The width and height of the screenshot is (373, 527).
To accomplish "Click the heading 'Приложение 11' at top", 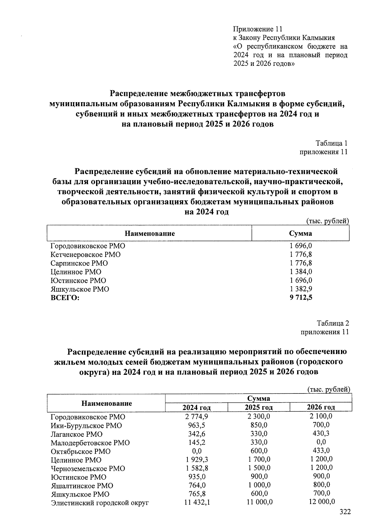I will [x=258, y=29].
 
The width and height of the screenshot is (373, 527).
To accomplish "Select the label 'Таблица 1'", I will [x=331, y=143].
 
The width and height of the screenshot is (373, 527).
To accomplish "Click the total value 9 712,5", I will [x=301, y=298].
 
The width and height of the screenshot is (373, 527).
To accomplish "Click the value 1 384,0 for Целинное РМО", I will [x=301, y=272].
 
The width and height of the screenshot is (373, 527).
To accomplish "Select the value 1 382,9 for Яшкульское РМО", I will [x=301, y=289].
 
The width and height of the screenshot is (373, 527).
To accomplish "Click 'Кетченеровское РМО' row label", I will [x=85, y=255].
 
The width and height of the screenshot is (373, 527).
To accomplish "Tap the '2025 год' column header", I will [x=259, y=407].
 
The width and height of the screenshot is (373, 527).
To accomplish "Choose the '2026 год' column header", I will [x=321, y=407].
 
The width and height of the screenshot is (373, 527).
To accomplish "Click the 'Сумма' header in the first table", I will [x=300, y=234].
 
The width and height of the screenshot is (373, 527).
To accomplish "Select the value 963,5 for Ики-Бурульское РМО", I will [x=197, y=425].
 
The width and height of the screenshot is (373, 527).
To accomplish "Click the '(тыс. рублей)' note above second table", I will [x=329, y=389].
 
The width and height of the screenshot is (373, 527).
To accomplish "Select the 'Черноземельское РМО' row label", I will [x=88, y=469].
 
